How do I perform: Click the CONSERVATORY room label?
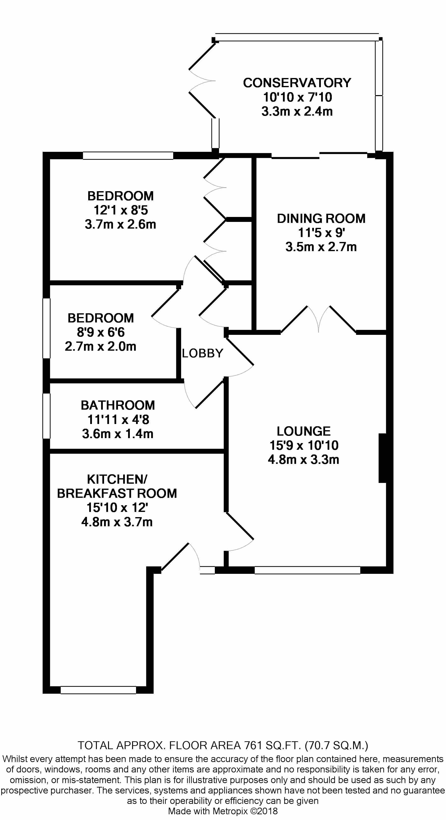(x=297, y=83)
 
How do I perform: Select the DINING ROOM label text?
(x=321, y=219)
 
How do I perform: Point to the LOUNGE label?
(x=304, y=431)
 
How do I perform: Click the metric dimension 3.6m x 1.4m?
(x=118, y=434)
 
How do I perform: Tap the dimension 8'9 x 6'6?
(x=101, y=332)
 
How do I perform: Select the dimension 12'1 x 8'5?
(x=120, y=210)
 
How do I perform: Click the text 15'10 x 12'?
(x=117, y=508)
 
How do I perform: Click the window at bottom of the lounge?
(x=307, y=570)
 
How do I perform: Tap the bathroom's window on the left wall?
(x=47, y=416)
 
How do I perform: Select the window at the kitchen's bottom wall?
(x=98, y=690)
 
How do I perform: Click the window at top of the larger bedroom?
(x=128, y=156)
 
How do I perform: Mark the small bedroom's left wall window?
(x=47, y=328)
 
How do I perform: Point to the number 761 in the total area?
(x=253, y=745)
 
